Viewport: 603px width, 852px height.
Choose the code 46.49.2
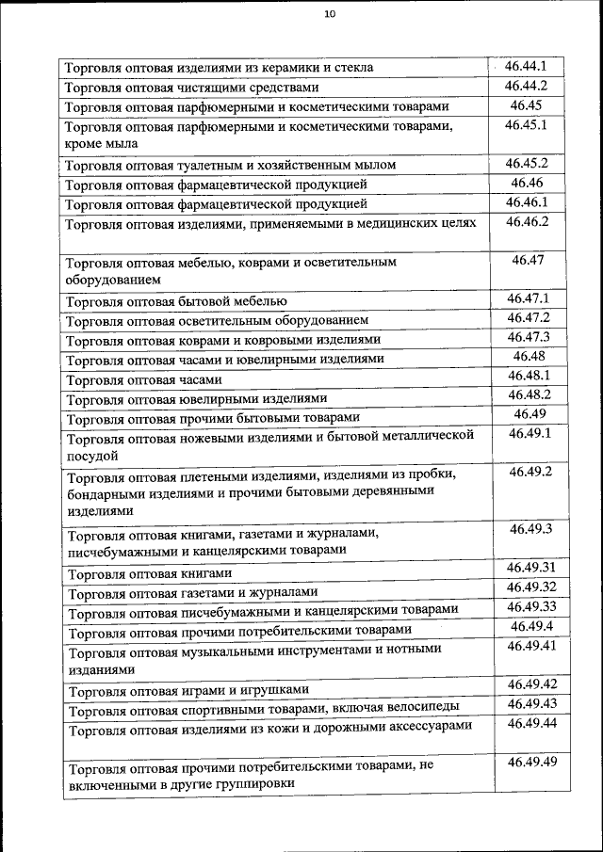coord(530,471)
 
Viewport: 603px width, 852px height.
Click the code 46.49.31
coord(530,568)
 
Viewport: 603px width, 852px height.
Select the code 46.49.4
coord(530,626)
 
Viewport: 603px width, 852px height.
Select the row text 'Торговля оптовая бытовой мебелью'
coord(176,302)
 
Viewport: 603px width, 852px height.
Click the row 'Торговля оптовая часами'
coord(144,380)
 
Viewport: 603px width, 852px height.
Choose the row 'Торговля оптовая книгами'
coord(149,572)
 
